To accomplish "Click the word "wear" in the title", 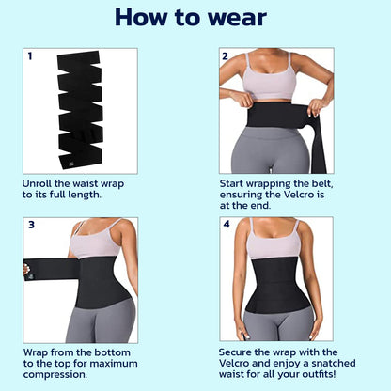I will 230,17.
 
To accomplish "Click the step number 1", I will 29,56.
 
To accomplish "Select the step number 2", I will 225,56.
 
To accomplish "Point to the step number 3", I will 30,225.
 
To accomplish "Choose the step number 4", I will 226,225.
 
